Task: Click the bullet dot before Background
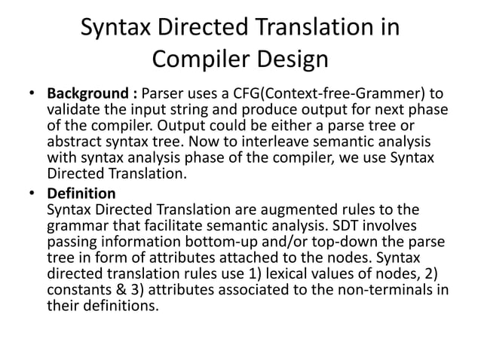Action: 32,95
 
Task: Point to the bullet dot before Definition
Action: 32,193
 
